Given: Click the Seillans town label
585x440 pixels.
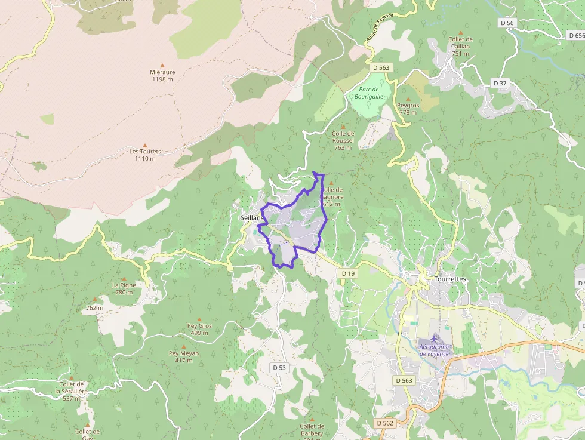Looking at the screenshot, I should click(251, 218).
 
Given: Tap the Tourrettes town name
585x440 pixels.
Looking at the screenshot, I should click(450, 279).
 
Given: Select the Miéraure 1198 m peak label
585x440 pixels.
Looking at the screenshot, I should click(162, 75).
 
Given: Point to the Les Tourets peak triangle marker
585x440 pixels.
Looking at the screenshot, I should click(145, 144).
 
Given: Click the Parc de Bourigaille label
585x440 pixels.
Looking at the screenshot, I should click(368, 93).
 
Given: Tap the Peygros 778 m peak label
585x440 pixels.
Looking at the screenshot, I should click(408, 109).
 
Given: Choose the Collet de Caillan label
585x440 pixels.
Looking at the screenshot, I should click(460, 46).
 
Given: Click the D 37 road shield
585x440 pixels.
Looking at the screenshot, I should click(500, 82).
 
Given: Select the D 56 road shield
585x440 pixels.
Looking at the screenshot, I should click(507, 23).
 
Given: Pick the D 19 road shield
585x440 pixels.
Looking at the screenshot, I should click(349, 273).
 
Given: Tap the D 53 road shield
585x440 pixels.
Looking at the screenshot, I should click(280, 368).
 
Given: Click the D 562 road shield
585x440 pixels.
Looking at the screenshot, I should click(385, 423).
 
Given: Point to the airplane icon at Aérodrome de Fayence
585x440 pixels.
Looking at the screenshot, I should click(433, 339).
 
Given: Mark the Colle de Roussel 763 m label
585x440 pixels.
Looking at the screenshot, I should click(343, 140).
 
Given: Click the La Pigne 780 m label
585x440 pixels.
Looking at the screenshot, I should click(124, 288).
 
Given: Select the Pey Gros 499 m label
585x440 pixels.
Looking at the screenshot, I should click(199, 329).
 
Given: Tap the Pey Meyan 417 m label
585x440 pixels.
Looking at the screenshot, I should click(184, 356).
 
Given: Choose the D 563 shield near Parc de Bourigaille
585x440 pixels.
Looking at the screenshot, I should click(380, 68).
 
